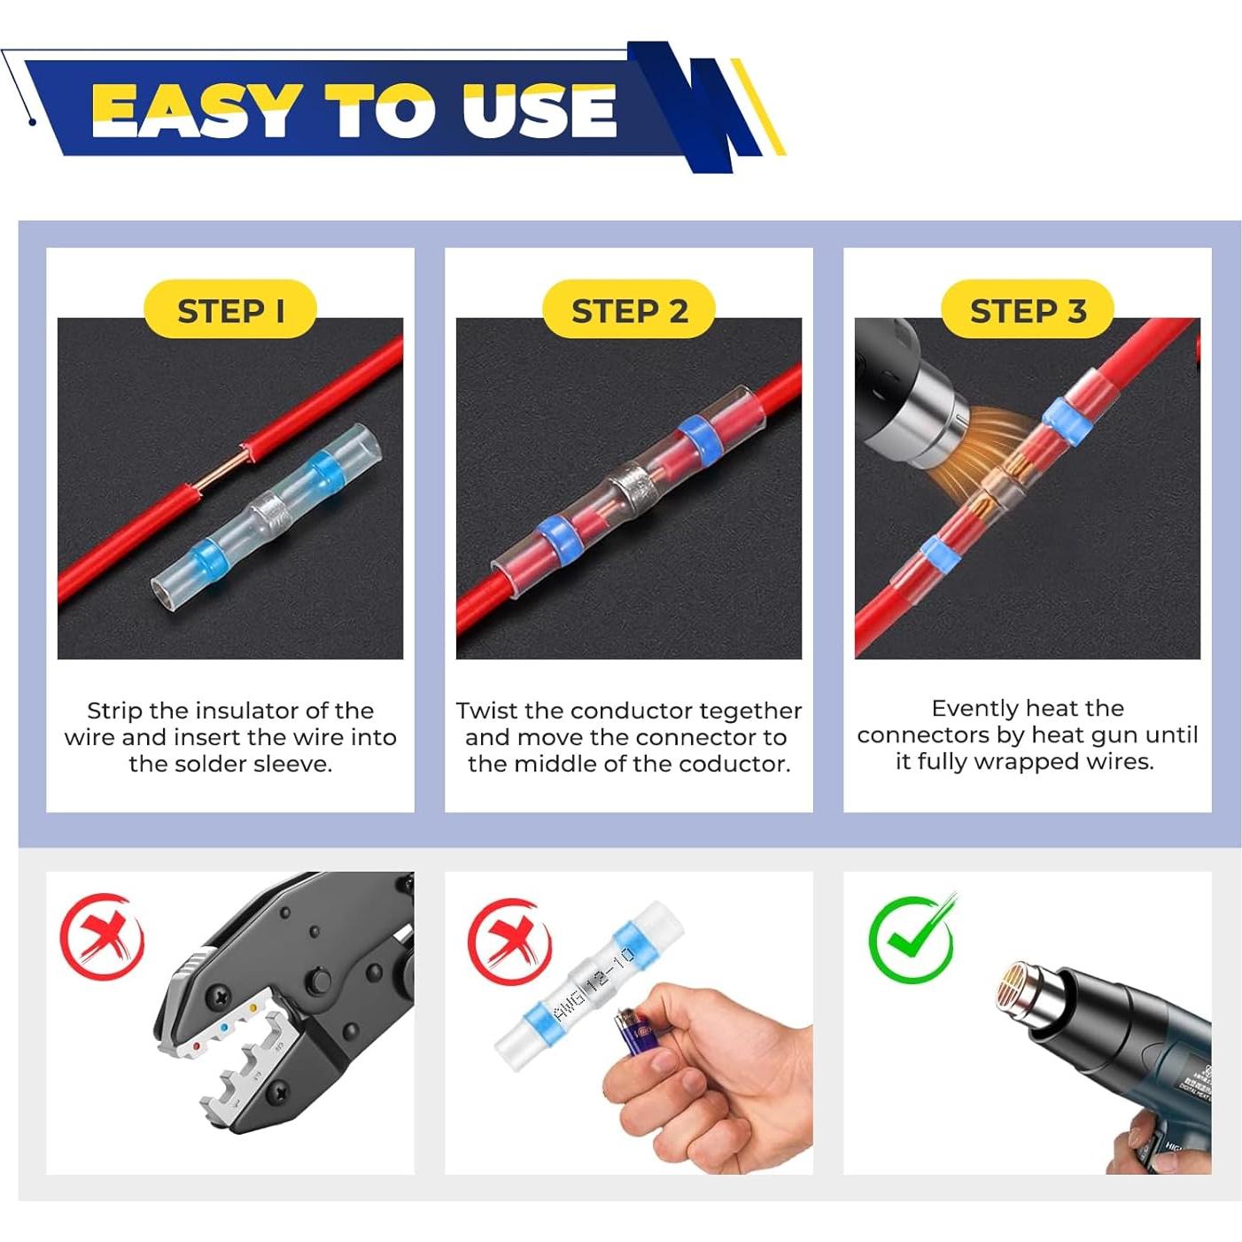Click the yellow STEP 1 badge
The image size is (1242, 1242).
coord(229,310)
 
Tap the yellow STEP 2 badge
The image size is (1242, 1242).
coord(629,310)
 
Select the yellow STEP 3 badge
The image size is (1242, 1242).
coord(1028,310)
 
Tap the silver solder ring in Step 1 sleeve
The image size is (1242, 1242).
coord(269,510)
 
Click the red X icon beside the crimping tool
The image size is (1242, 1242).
coord(102,936)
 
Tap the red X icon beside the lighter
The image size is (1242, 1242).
coord(509,941)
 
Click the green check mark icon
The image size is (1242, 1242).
coord(911,939)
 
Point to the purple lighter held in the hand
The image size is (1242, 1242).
coord(634,1037)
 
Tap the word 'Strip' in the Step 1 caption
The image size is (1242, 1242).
coord(114,711)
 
